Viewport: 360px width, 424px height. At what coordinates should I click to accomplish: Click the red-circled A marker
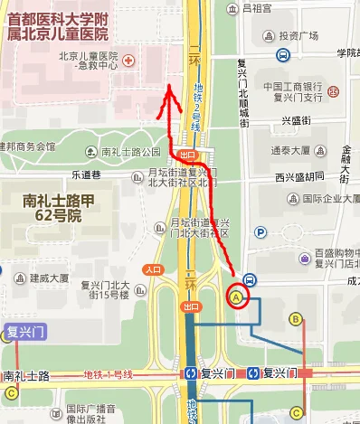click(x=237, y=296)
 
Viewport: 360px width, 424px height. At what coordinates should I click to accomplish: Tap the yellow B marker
click(x=295, y=318)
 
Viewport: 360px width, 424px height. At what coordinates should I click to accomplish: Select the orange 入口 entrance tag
click(x=153, y=269)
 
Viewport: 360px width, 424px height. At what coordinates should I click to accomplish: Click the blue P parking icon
click(x=261, y=233)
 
